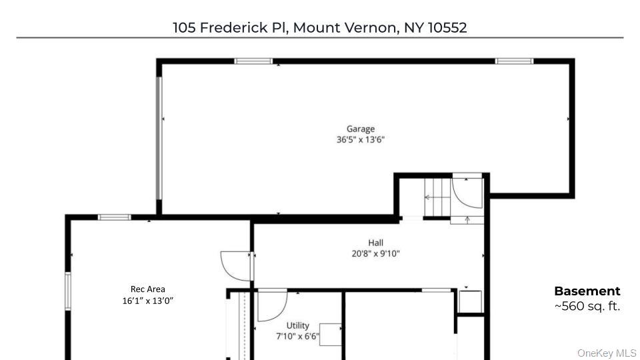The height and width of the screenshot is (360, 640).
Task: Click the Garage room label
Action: (x=360, y=129)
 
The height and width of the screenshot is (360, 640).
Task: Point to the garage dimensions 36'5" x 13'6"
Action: (x=361, y=140)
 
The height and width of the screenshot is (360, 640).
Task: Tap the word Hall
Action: (x=375, y=243)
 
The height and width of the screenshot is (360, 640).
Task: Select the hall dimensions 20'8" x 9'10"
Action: (x=375, y=253)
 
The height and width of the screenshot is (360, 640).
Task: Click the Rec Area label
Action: (x=147, y=289)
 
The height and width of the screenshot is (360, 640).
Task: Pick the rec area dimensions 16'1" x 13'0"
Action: (x=147, y=300)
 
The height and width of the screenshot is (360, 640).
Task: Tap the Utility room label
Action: (x=297, y=325)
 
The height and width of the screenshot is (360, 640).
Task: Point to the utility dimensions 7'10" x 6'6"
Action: (x=297, y=336)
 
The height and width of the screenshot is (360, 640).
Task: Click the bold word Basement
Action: (x=587, y=291)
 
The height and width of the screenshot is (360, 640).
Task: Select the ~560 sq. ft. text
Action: (x=587, y=307)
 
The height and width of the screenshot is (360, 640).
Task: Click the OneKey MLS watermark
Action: (x=607, y=353)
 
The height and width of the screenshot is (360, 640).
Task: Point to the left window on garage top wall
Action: (x=253, y=61)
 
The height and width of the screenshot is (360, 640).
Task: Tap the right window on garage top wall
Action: (x=513, y=61)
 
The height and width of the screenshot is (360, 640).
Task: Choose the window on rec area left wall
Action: (x=67, y=291)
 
